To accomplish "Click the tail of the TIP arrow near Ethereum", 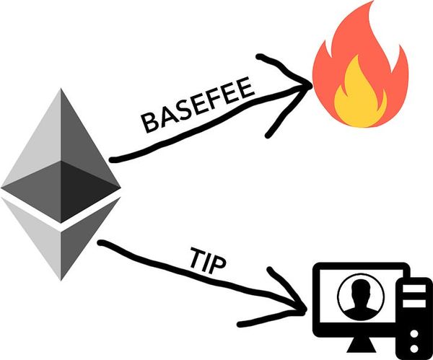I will pos(101,243).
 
